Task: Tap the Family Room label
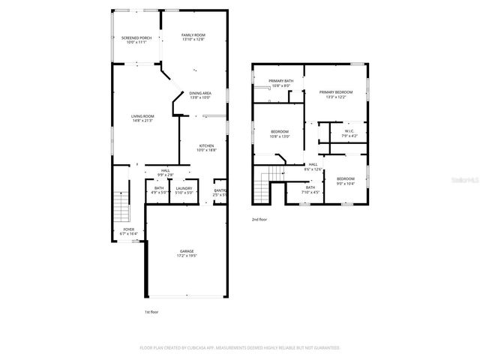point(193,37)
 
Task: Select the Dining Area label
point(199,95)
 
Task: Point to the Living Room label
point(142,118)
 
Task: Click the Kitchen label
point(206,148)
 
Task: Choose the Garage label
point(186,253)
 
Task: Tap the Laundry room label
point(184,190)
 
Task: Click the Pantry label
point(220,192)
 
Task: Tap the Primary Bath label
point(280,83)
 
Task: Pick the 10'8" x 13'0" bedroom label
point(280,135)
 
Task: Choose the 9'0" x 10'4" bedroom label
point(345,180)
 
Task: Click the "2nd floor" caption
point(259,220)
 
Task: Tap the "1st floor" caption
point(151,311)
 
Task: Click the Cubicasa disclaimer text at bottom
point(240,348)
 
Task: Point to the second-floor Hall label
point(313,166)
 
